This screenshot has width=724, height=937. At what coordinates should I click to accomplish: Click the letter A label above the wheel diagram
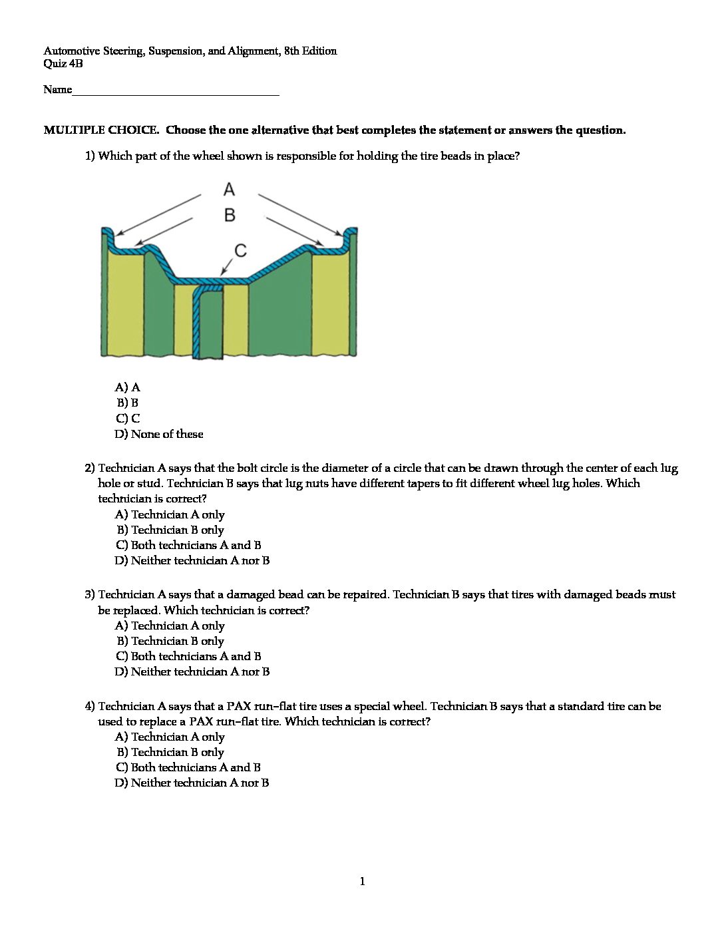tap(230, 190)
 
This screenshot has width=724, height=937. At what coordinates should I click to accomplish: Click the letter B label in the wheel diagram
tap(230, 215)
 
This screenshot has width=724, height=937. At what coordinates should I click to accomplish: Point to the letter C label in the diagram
tap(241, 250)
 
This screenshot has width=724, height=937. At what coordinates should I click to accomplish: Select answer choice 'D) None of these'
tap(159, 434)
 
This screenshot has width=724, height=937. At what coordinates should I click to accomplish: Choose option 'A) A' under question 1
tap(128, 387)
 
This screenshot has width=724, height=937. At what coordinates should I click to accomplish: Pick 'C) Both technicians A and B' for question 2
tap(188, 545)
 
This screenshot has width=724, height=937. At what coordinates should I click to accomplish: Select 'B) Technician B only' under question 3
tap(170, 641)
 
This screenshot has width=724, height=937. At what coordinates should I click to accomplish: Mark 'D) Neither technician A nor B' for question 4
tap(192, 783)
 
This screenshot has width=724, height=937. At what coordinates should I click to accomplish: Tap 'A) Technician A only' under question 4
tap(170, 737)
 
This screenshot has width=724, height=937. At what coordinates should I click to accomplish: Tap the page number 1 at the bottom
tap(362, 882)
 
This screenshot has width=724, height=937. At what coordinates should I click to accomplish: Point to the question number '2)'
tap(90, 468)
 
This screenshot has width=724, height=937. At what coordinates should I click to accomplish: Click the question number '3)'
tap(90, 594)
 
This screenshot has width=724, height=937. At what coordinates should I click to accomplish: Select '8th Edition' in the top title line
tap(310, 51)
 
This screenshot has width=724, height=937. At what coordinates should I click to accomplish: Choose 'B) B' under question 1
tap(127, 403)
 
